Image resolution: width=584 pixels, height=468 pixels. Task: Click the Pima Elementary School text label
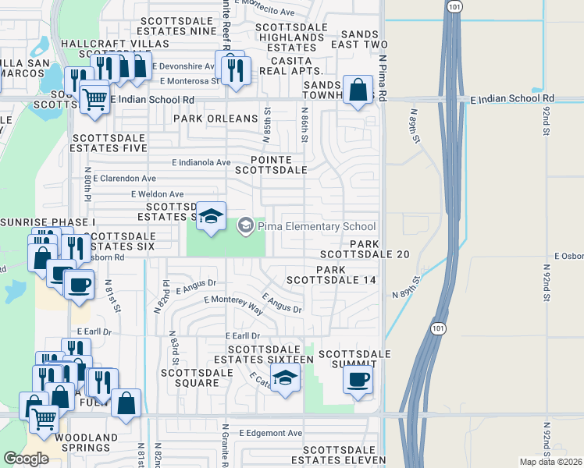(x=316, y=226)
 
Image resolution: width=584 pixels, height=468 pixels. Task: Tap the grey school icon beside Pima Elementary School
(x=244, y=225)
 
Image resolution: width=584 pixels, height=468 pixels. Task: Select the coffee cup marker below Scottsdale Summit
(x=358, y=380)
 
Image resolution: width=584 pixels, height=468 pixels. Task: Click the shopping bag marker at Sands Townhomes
(x=358, y=90)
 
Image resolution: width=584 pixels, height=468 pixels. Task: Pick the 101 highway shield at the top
(x=455, y=7)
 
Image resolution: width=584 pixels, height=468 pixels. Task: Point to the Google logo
(x=26, y=459)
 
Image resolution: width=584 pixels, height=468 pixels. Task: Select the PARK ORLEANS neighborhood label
(x=215, y=119)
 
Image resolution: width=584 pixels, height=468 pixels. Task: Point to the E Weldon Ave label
(x=157, y=194)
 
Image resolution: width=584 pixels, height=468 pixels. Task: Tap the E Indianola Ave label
(x=201, y=163)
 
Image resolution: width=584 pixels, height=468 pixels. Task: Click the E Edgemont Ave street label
(x=270, y=433)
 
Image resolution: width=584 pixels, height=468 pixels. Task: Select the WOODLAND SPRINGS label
(x=76, y=443)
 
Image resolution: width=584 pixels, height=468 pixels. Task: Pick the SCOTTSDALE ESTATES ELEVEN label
(x=344, y=456)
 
